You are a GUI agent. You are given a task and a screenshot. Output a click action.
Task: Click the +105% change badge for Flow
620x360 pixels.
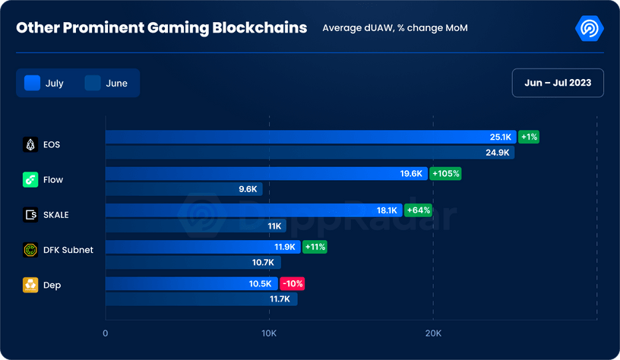click(445, 173)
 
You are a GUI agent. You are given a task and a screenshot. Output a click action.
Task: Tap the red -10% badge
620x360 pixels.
click(293, 284)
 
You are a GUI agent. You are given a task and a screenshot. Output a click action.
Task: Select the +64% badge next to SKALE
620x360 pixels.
click(418, 210)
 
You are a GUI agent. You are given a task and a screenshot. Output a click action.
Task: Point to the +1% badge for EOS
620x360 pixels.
click(529, 137)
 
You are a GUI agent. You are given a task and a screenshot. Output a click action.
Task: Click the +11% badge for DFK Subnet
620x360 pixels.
click(315, 247)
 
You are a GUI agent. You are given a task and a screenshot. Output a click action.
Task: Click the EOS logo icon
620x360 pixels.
click(30, 144)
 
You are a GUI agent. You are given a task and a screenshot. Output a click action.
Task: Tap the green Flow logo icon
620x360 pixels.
click(30, 180)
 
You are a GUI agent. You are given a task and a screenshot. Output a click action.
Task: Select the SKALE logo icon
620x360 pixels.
click(30, 215)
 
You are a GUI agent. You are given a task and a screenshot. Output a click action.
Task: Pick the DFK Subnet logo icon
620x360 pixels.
click(30, 250)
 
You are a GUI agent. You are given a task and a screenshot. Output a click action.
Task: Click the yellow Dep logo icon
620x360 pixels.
click(30, 285)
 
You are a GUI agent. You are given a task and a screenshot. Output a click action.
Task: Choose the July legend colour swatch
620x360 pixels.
click(33, 83)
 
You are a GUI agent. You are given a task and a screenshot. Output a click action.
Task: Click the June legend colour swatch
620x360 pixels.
click(93, 83)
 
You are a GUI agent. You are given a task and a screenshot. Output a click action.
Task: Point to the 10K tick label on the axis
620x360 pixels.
click(269, 333)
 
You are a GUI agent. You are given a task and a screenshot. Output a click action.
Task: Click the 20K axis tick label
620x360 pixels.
click(433, 333)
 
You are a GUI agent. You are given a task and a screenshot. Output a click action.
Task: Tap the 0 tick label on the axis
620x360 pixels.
click(105, 333)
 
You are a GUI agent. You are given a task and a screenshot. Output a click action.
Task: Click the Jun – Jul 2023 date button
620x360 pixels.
click(558, 83)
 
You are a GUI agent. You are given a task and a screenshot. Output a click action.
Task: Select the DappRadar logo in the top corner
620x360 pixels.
click(589, 28)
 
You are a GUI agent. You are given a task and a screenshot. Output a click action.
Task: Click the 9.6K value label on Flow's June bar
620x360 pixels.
click(248, 189)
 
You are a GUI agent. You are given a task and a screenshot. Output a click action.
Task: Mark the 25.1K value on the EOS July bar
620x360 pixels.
click(501, 137)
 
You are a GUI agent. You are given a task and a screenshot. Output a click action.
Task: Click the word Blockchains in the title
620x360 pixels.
click(260, 27)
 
